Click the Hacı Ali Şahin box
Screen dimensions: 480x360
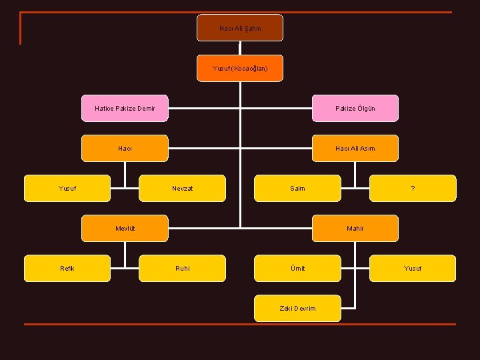click(240, 28)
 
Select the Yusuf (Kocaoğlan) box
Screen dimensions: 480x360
click(240, 68)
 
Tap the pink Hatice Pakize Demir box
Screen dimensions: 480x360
click(125, 109)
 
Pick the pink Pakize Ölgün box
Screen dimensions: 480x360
click(355, 109)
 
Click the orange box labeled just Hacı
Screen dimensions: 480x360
click(125, 149)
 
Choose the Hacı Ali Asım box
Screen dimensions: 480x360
click(355, 149)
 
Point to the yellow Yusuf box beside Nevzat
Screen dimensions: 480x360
click(67, 188)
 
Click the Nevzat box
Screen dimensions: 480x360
click(182, 188)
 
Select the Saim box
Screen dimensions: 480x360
click(297, 188)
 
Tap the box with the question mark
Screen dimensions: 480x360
click(413, 188)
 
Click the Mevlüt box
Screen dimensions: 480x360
click(125, 229)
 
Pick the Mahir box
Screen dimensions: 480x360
click(355, 229)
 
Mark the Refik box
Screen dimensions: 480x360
click(67, 269)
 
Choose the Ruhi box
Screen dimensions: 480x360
click(182, 269)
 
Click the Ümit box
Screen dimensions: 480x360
click(297, 269)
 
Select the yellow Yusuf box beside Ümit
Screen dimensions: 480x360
click(413, 269)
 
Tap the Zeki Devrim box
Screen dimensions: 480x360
click(297, 308)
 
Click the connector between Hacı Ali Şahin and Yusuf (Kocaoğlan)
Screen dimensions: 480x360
click(240, 48)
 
